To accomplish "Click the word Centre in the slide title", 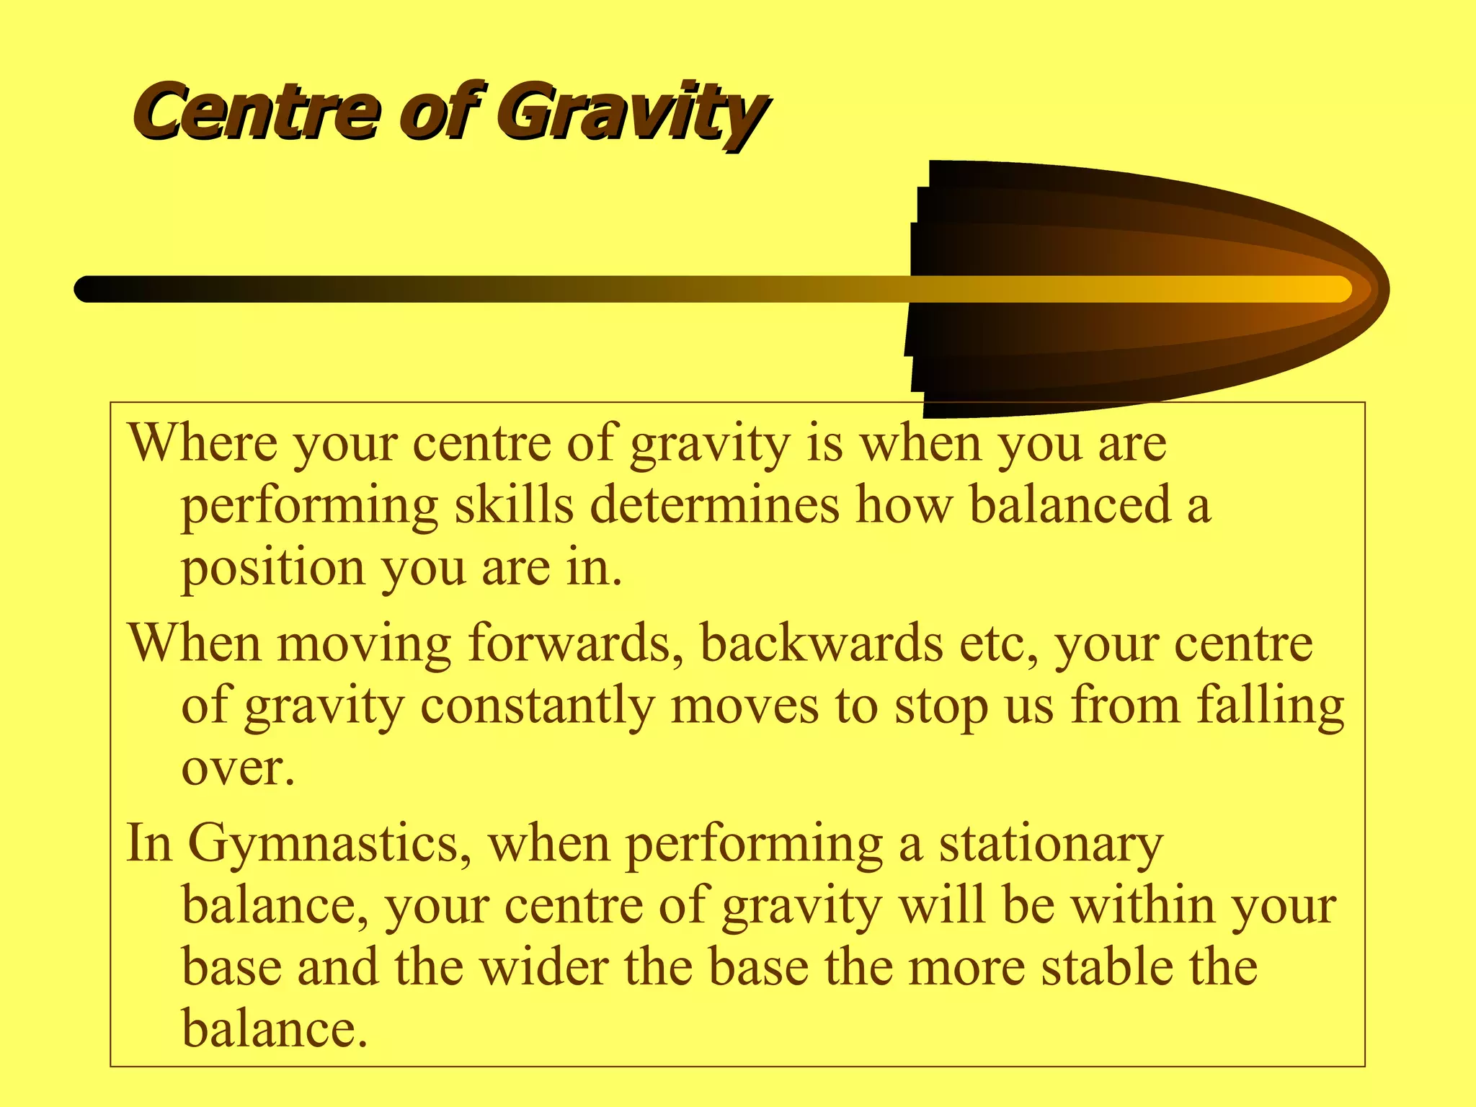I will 256,112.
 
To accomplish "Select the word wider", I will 543,967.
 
